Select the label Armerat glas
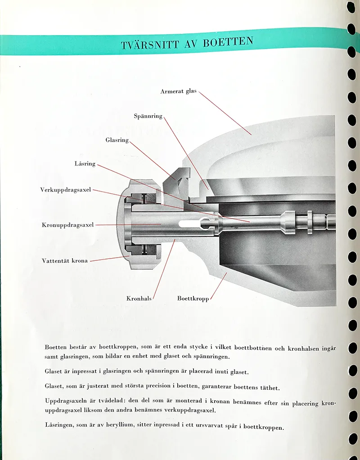point(179,91)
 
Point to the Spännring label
point(148,116)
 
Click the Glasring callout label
point(117,140)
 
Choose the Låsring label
point(85,164)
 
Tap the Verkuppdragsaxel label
point(66,190)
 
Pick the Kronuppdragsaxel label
point(68,225)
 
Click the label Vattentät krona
point(65,260)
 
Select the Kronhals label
point(139,299)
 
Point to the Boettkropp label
point(193,299)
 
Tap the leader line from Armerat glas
point(225,113)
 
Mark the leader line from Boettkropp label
point(219,286)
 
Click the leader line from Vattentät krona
point(110,259)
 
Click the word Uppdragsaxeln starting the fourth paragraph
point(66,401)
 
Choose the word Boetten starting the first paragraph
point(56,347)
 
